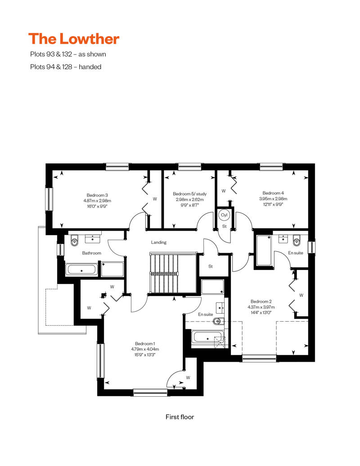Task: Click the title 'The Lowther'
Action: click(x=74, y=39)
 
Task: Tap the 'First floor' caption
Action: click(x=180, y=417)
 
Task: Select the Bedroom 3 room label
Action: click(x=97, y=195)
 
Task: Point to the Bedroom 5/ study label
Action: click(x=189, y=194)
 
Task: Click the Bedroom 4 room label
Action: click(x=273, y=193)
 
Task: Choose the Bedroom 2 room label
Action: click(x=261, y=301)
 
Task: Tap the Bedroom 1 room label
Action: click(x=145, y=344)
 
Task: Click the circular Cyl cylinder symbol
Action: click(x=224, y=215)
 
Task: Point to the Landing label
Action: click(x=159, y=242)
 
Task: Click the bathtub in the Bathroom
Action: click(x=81, y=269)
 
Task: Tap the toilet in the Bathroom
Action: click(x=74, y=241)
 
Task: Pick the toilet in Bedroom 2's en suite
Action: click(x=297, y=241)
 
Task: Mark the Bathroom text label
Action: click(x=91, y=253)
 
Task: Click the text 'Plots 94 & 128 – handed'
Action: click(x=66, y=67)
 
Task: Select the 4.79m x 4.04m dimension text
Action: click(x=145, y=349)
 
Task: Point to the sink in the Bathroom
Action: click(x=93, y=238)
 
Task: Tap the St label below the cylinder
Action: click(x=225, y=226)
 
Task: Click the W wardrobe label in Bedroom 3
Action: click(x=155, y=199)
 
